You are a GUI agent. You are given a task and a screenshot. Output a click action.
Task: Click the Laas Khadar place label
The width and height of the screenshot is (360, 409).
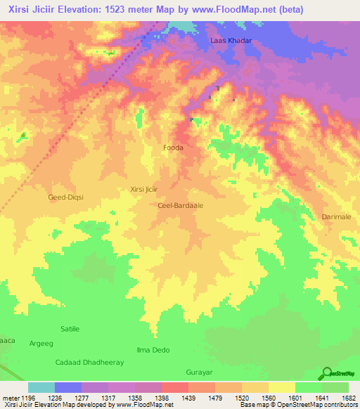[231, 41]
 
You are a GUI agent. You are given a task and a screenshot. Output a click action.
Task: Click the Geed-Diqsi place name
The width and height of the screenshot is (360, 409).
[65, 197]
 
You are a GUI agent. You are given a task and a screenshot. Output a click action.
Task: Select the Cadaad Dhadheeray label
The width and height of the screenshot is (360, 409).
[89, 362]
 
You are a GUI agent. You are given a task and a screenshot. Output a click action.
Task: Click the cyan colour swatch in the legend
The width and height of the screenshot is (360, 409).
[41, 387]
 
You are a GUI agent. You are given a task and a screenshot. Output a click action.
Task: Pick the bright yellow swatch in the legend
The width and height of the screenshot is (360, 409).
[282, 387]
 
